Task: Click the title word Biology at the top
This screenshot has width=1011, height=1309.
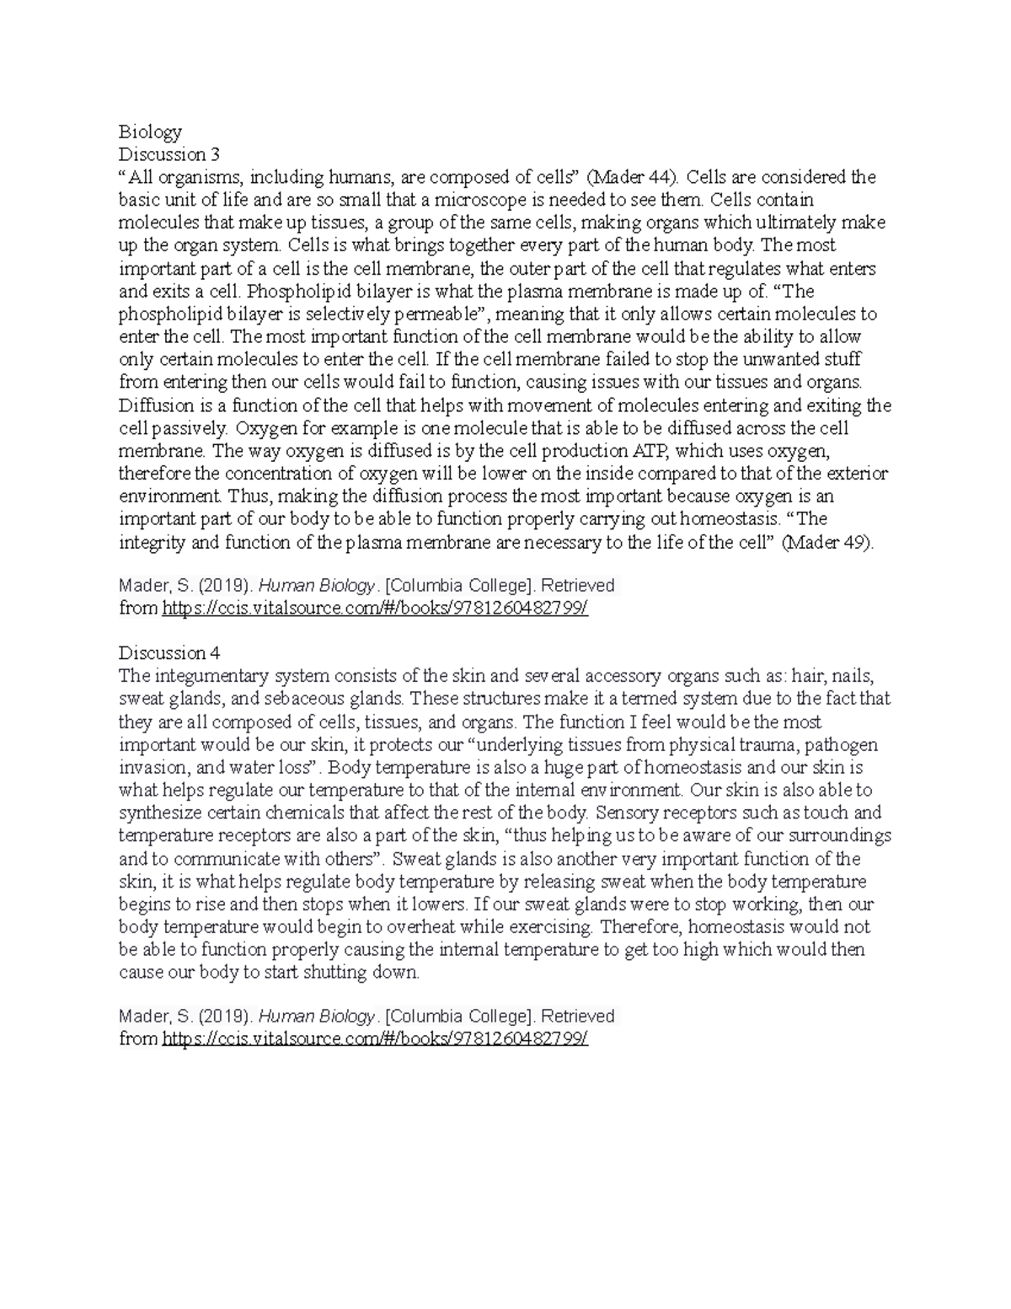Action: pyautogui.click(x=150, y=132)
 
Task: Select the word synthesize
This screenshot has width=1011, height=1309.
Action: pyautogui.click(x=159, y=813)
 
